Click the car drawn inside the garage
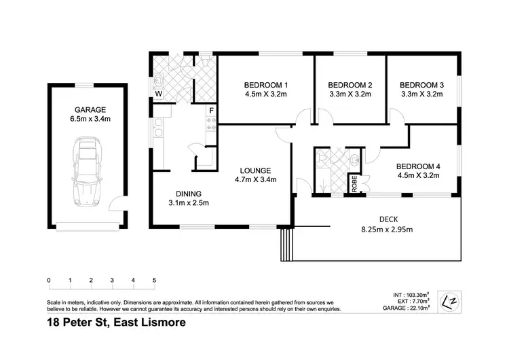pyautogui.click(x=86, y=172)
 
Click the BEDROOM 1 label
pyautogui.click(x=265, y=85)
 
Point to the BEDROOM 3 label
pyautogui.click(x=422, y=85)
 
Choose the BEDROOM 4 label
pyautogui.click(x=417, y=166)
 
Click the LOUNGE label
pyautogui.click(x=255, y=170)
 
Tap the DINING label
pyautogui.click(x=187, y=192)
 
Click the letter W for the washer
pyautogui.click(x=158, y=93)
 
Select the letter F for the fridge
pyautogui.click(x=212, y=111)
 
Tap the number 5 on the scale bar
pyautogui.click(x=155, y=280)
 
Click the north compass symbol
pyautogui.click(x=449, y=301)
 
